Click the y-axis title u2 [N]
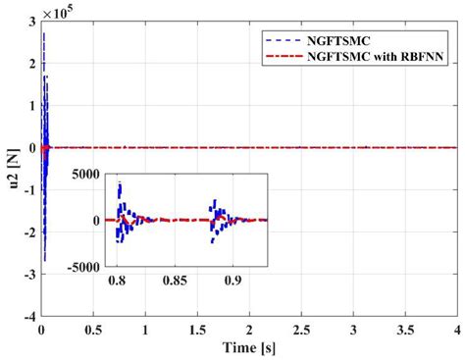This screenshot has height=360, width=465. pos(10,176)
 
